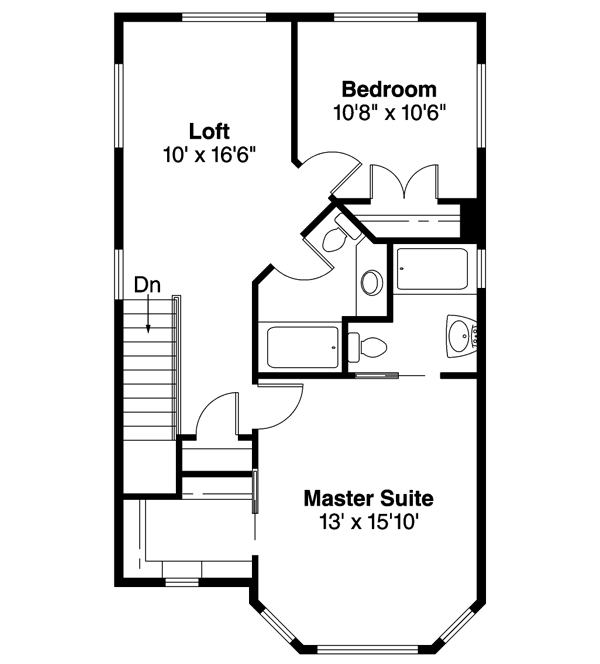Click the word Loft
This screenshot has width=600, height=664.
click(210, 131)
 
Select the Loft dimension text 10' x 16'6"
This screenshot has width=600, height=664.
click(210, 155)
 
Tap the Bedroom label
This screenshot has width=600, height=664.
click(389, 89)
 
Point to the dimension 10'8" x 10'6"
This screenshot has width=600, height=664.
click(389, 112)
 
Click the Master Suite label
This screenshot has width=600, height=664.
click(369, 497)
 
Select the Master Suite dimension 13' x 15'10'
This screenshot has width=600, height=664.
click(369, 521)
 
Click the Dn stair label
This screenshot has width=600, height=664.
click(148, 285)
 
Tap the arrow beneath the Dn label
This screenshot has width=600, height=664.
click(148, 317)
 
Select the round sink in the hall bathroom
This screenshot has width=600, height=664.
click(370, 281)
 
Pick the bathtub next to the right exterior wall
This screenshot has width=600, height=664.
click(431, 268)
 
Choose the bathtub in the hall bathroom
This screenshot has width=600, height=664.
click(299, 346)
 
